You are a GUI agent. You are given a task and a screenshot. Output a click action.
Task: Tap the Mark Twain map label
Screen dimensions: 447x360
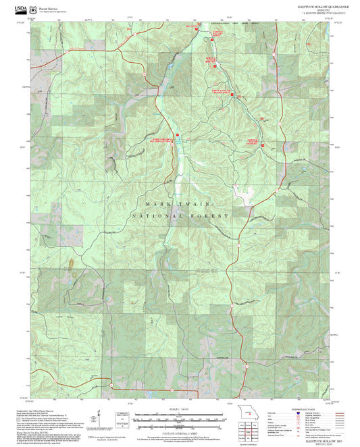[179, 203]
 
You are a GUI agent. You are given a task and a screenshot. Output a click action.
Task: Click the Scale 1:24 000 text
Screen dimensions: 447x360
[179, 409]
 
